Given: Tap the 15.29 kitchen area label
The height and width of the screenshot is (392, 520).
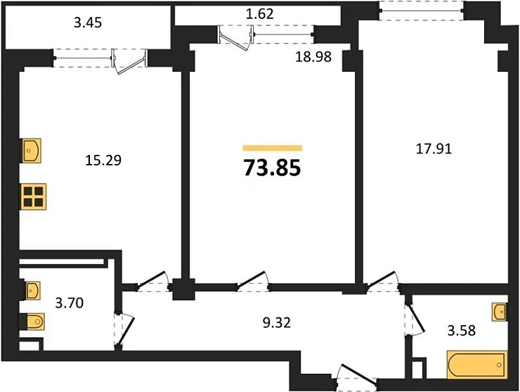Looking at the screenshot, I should click(x=99, y=160).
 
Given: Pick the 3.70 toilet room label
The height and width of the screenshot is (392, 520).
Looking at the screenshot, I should click(x=70, y=306).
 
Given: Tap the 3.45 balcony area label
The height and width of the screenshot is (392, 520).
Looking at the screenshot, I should click(x=88, y=23).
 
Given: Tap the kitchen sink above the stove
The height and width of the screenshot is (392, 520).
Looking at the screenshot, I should click(x=31, y=150).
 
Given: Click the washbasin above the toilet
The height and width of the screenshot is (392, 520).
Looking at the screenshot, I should click(x=31, y=289).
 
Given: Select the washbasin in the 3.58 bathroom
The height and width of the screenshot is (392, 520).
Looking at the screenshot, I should click(x=500, y=311).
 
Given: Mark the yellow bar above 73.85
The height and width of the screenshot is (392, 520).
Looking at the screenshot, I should click(x=273, y=148).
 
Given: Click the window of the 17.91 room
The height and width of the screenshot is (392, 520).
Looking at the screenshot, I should click(x=421, y=8).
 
